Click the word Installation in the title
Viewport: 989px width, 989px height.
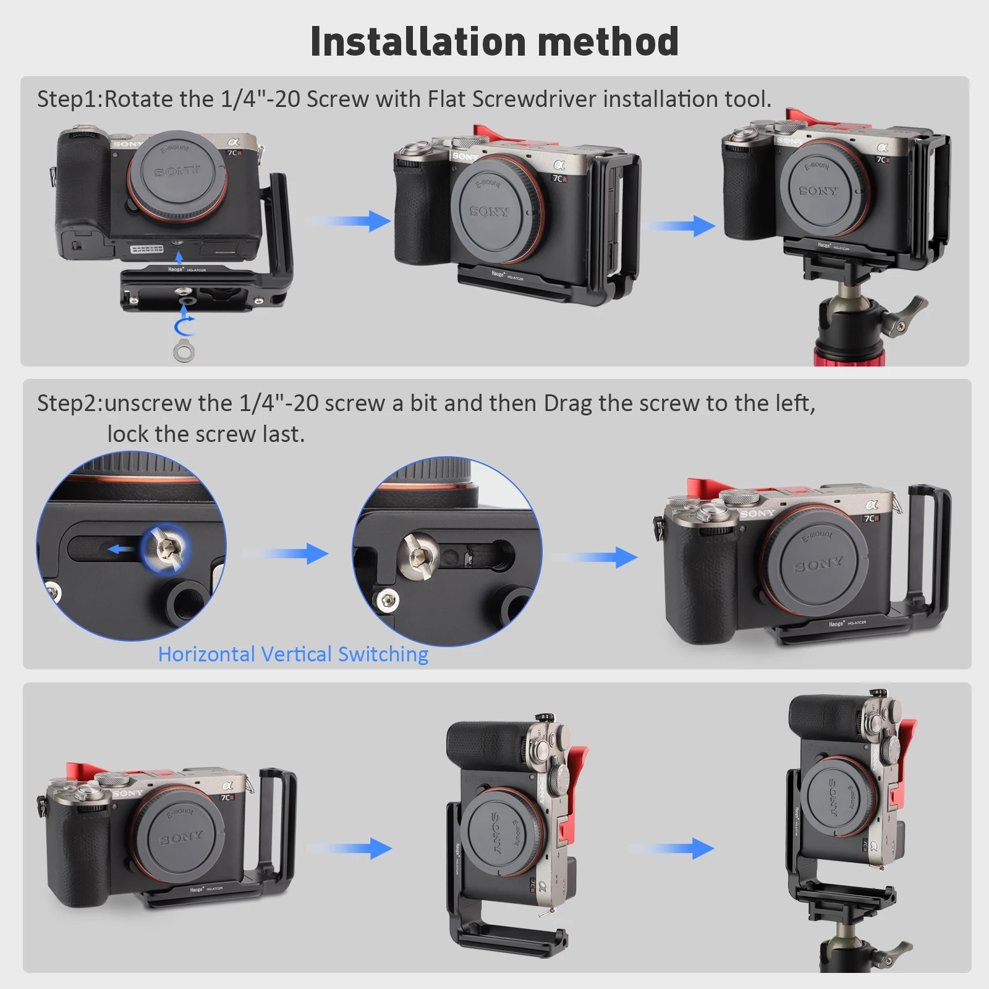tap(418, 42)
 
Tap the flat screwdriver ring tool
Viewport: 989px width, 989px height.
tap(184, 351)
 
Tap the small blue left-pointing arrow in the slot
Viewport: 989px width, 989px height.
tap(121, 549)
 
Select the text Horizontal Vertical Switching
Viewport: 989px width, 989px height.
tap(293, 654)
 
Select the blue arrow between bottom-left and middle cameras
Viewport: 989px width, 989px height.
tap(350, 848)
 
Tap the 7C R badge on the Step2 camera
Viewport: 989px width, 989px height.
tap(872, 518)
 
